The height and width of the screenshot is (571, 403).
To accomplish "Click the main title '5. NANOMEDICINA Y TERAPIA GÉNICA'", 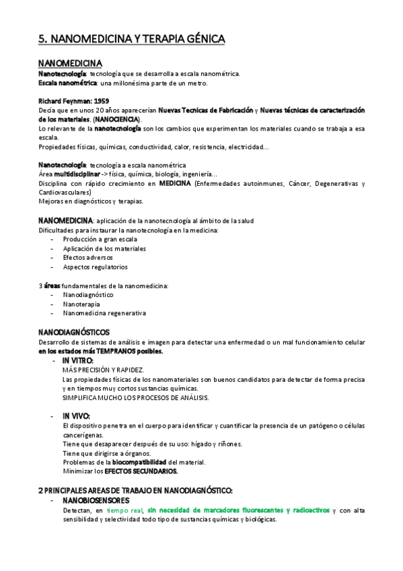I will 131,40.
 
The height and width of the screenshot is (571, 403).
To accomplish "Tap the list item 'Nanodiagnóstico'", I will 88,294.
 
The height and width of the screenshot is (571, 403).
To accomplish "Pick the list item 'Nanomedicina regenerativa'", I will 104,313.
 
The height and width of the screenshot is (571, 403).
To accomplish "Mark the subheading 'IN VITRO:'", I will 78,360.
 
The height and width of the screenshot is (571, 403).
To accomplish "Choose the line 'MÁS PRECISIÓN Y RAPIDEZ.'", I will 102,370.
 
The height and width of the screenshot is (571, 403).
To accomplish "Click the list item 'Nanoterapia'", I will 82,304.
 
